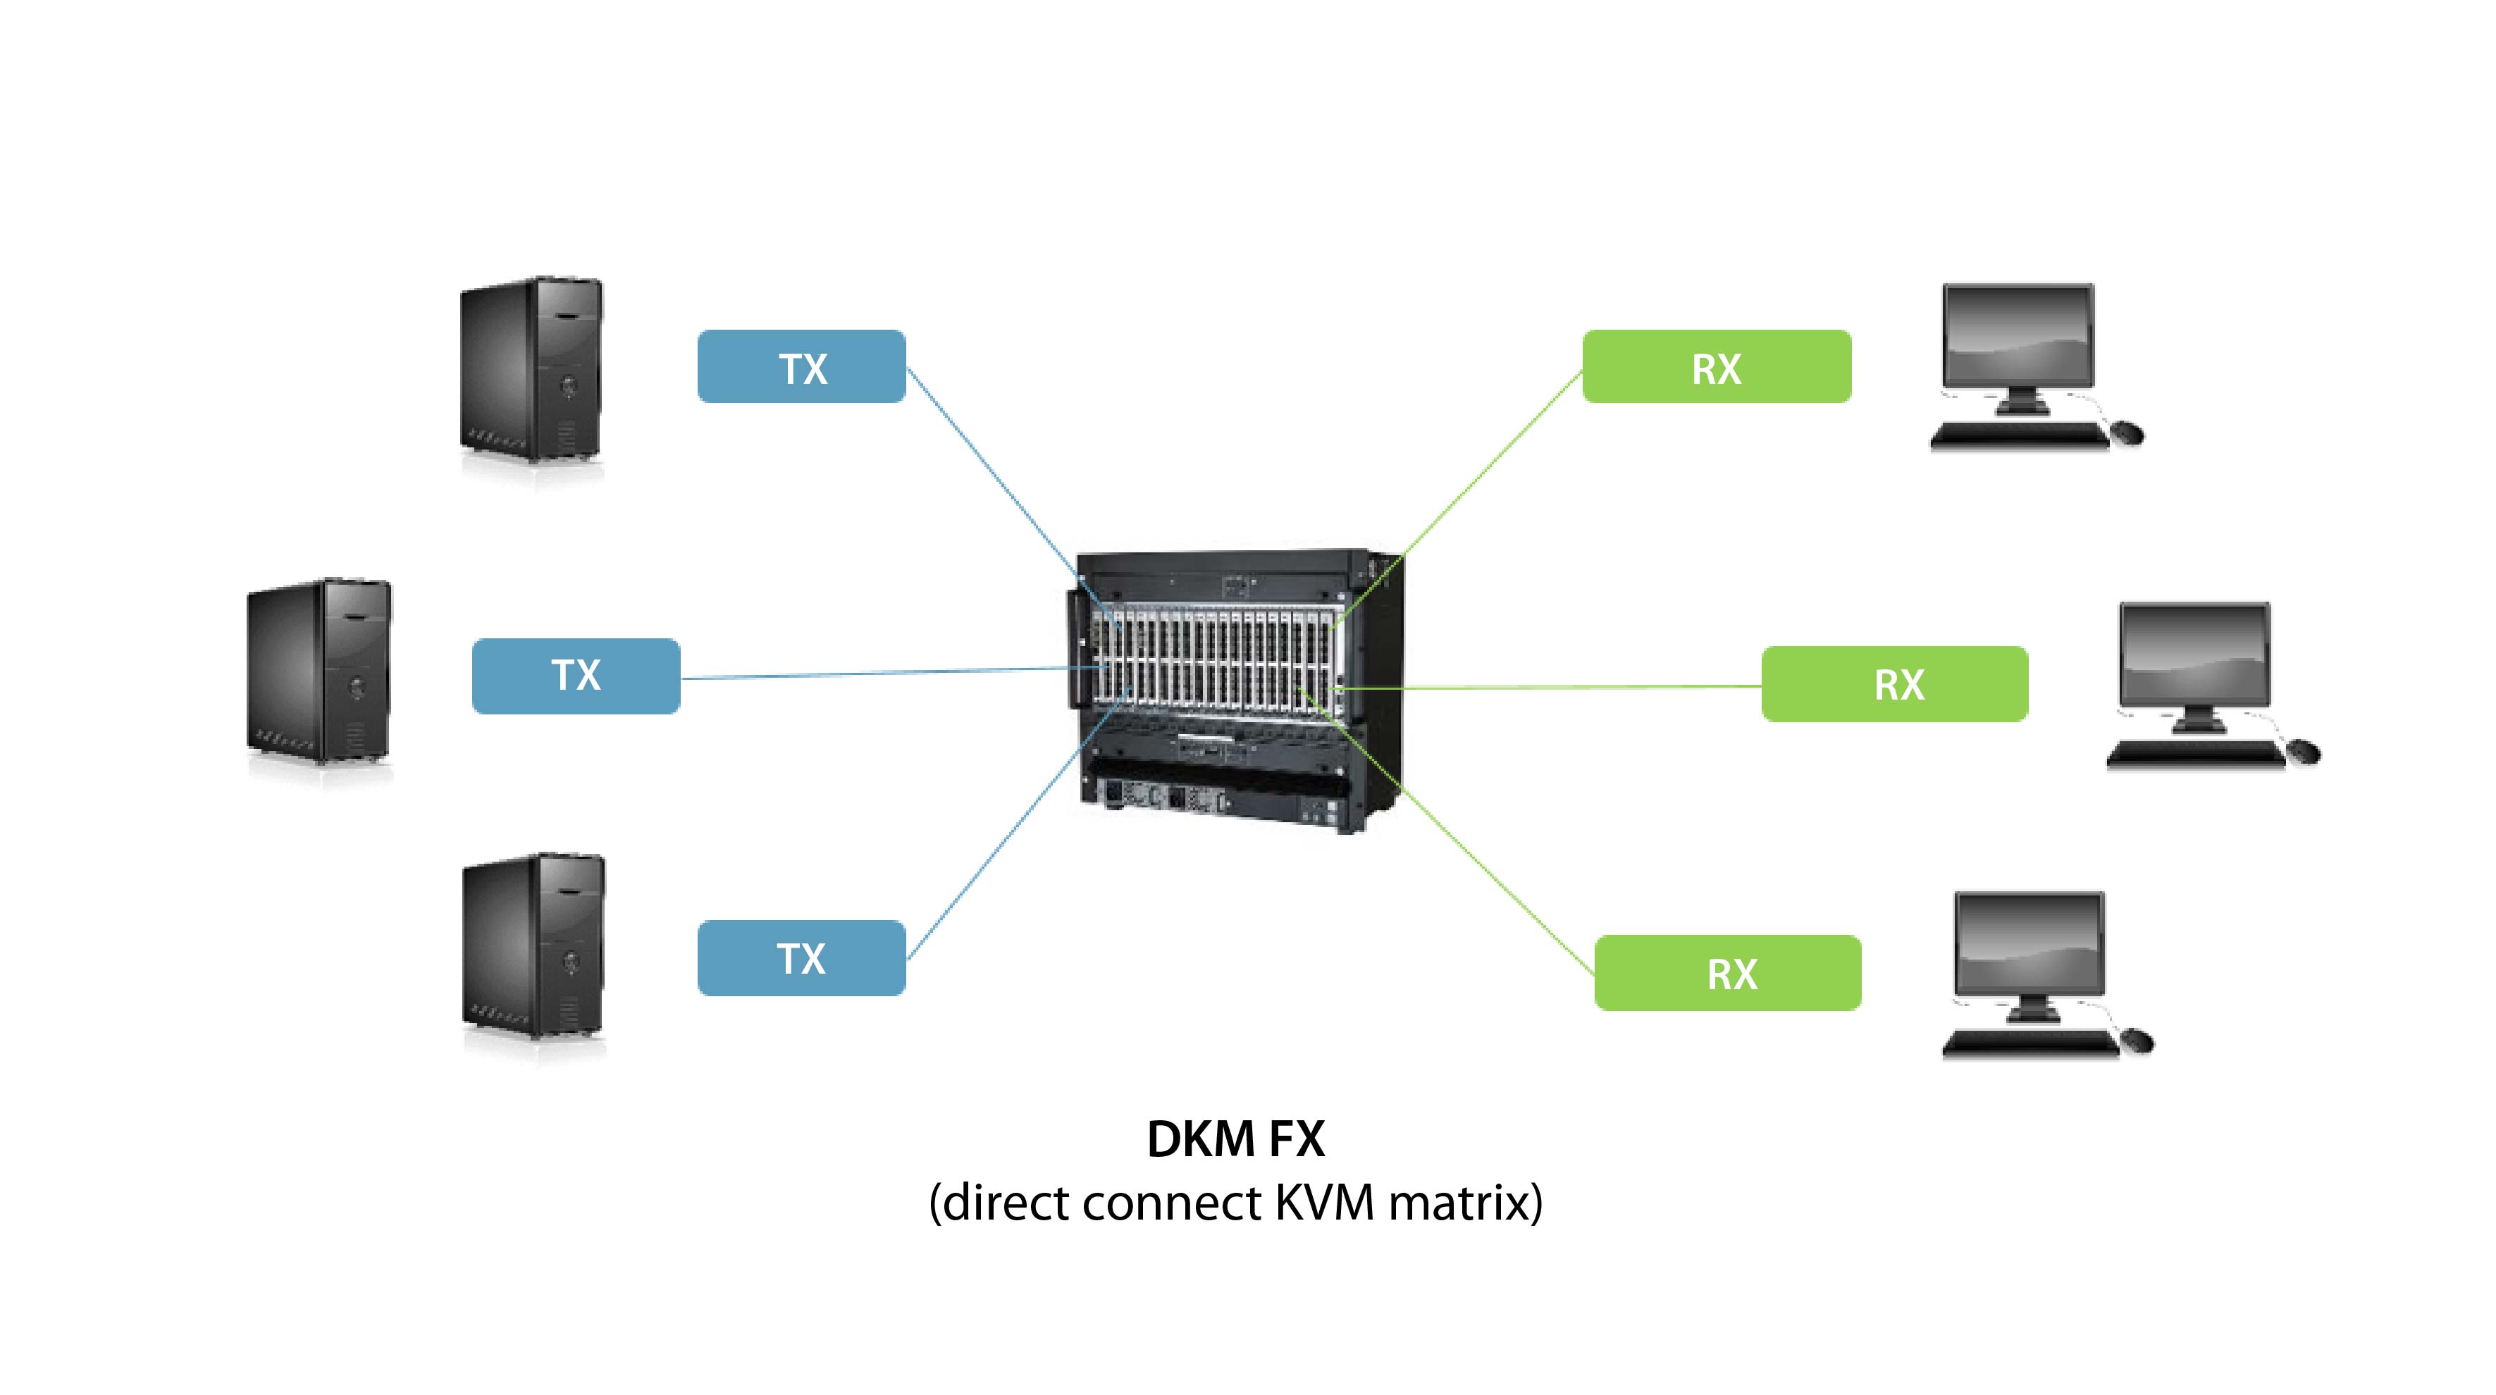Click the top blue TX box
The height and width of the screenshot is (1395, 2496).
click(801, 366)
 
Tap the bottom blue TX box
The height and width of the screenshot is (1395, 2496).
click(801, 958)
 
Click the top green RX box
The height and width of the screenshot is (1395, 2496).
click(1716, 366)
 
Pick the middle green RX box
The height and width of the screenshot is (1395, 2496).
click(1894, 684)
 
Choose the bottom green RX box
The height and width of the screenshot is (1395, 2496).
click(1728, 972)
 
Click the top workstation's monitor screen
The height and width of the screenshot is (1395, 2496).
click(2018, 335)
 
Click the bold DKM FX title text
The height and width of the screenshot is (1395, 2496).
click(1235, 1139)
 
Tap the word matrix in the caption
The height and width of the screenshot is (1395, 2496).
click(1465, 1203)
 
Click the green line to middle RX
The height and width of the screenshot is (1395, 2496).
click(1550, 687)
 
